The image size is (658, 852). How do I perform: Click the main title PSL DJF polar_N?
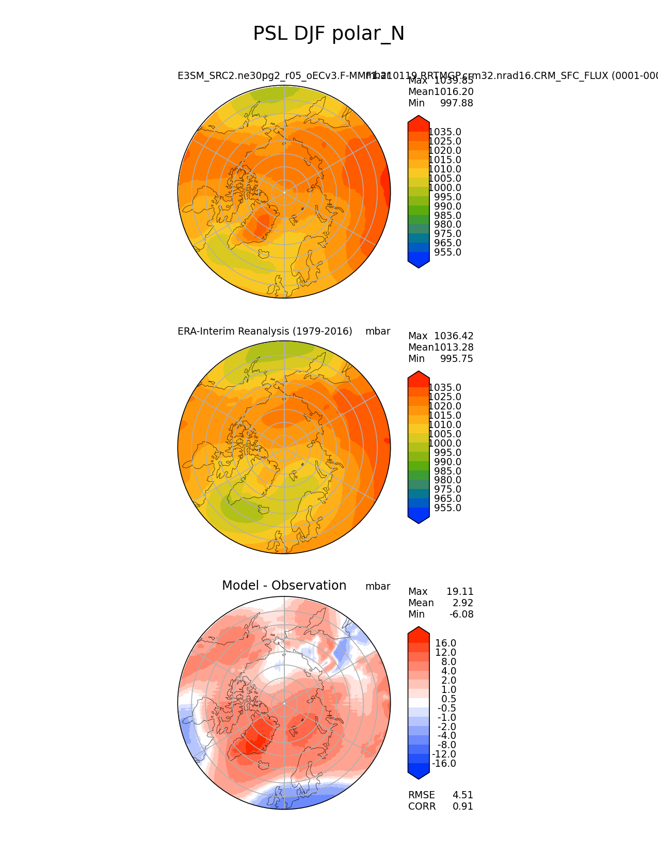[x=329, y=34]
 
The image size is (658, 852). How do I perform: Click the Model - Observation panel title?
[x=284, y=586]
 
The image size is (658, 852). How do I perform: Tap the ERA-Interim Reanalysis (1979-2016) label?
[x=265, y=332]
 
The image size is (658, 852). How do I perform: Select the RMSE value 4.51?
[x=462, y=795]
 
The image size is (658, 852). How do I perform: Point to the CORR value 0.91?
[x=462, y=807]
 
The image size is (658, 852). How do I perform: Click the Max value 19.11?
[x=459, y=592]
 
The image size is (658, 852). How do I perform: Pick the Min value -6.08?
[x=461, y=614]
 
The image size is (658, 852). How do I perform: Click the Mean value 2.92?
[x=462, y=603]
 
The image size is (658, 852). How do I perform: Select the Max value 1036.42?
[x=454, y=336]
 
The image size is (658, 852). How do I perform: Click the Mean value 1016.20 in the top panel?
[x=454, y=92]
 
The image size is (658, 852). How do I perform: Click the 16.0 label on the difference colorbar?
[x=445, y=643]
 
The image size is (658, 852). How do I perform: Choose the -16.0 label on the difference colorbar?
[x=444, y=764]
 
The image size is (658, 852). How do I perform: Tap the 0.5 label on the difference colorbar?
[x=447, y=699]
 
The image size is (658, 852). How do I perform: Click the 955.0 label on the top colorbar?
[x=448, y=253]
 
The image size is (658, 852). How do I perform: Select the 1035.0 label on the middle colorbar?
[x=445, y=388]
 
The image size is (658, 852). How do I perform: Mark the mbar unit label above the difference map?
[x=378, y=587]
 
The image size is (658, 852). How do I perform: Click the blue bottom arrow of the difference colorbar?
[x=419, y=774]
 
